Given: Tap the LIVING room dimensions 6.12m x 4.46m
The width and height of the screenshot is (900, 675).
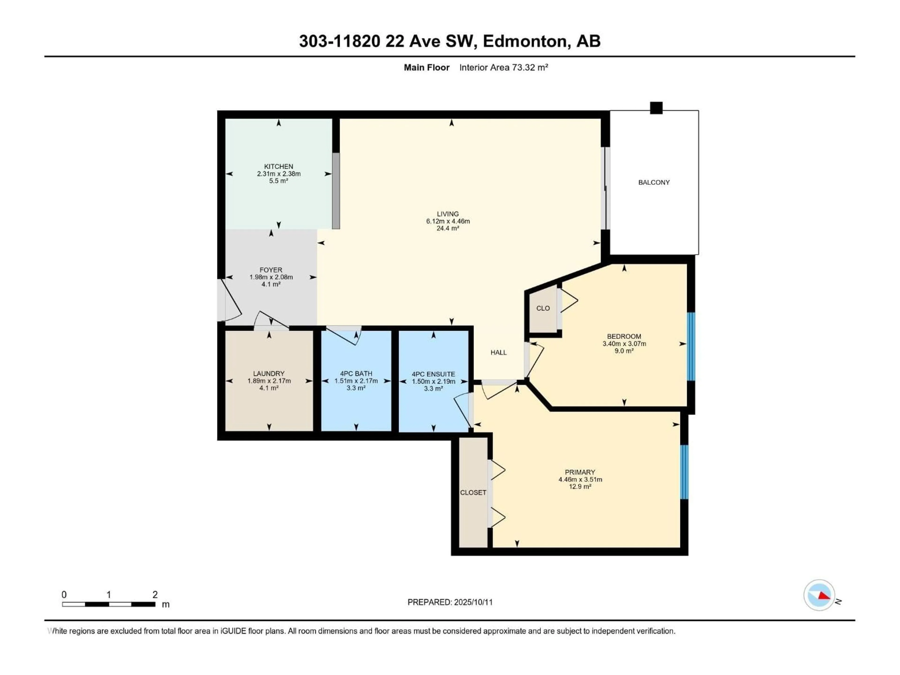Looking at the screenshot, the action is tap(448, 221).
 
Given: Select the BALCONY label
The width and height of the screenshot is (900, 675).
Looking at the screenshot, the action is tap(654, 182).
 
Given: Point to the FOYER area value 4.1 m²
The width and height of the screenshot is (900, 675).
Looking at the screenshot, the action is tap(271, 284).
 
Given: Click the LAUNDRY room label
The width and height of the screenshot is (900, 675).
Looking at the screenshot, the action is tap(269, 374).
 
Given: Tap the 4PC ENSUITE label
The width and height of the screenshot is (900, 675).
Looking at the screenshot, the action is tap(433, 374).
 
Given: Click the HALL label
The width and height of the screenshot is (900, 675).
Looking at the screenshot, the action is tap(499, 352).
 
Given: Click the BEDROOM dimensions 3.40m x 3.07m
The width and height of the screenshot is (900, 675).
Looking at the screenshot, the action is tap(624, 343).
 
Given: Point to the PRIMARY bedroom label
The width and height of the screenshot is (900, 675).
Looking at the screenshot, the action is tap(580, 472).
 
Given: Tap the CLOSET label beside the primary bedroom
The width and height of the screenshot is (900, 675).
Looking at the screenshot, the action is tap(473, 492).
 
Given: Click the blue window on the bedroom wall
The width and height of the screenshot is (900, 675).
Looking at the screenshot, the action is tap(691, 346).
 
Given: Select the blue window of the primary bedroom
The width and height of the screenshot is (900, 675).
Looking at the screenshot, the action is tap(684, 472).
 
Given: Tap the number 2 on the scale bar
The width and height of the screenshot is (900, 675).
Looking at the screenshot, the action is tap(155, 594).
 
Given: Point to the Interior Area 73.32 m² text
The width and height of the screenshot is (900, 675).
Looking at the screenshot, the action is tap(504, 67).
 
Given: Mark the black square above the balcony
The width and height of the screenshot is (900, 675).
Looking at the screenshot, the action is tap(656, 108).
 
